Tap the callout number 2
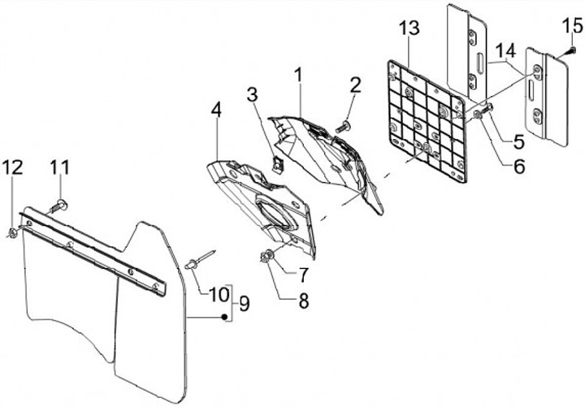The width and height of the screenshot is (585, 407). tap(355, 85)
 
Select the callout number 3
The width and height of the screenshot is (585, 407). tap(253, 96)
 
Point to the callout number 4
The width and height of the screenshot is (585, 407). tap(216, 109)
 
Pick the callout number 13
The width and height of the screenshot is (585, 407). tap(410, 30)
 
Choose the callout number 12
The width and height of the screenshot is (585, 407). tap(12, 167)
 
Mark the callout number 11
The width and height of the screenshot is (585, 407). tap(60, 167)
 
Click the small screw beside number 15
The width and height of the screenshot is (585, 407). tap(570, 51)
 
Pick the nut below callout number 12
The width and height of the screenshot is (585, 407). tap(15, 234)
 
